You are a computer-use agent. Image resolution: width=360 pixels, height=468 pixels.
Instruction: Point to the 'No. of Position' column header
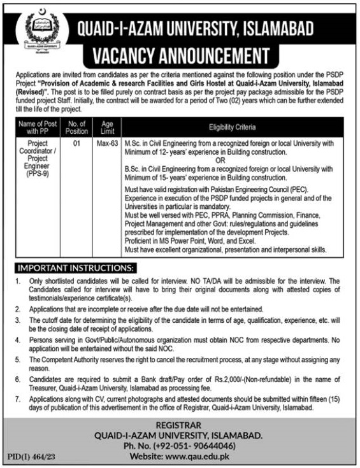pos(76,127)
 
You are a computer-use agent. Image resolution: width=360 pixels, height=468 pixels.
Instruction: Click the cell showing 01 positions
pos(76,145)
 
